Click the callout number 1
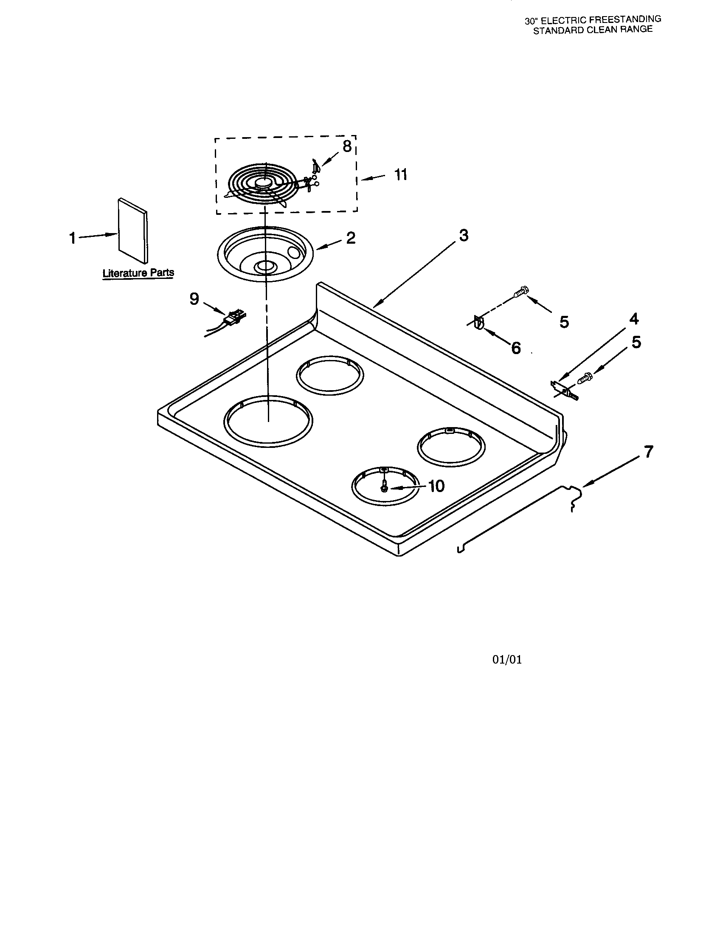[x=72, y=238]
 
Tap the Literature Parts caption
[x=138, y=273]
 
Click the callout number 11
[x=401, y=175]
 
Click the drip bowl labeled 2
[x=265, y=254]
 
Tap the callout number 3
[x=464, y=235]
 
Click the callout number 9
[x=194, y=299]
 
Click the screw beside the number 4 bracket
[x=585, y=378]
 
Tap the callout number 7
[x=649, y=452]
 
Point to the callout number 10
[x=436, y=486]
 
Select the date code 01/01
[x=507, y=659]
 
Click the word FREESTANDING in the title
[x=627, y=19]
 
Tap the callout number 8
[x=347, y=146]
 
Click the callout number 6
[x=516, y=348]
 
